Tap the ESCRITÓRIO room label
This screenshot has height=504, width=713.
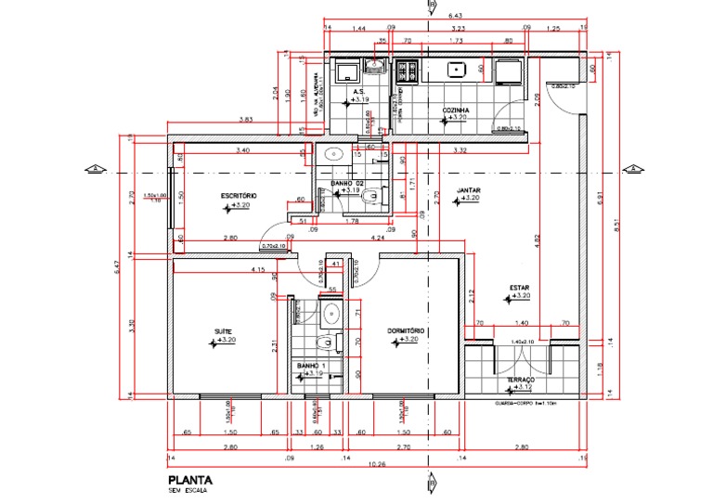tap(239, 195)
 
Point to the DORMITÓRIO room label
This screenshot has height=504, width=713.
tap(406, 331)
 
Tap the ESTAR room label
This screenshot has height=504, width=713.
tap(519, 288)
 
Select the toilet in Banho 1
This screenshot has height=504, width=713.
tap(323, 345)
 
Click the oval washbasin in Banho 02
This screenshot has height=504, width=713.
tap(334, 154)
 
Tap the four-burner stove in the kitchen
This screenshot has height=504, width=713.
tap(407, 69)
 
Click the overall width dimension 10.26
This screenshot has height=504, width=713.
tap(375, 465)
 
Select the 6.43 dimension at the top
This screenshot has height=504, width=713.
tap(456, 16)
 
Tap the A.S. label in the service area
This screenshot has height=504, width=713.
tap(357, 93)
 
